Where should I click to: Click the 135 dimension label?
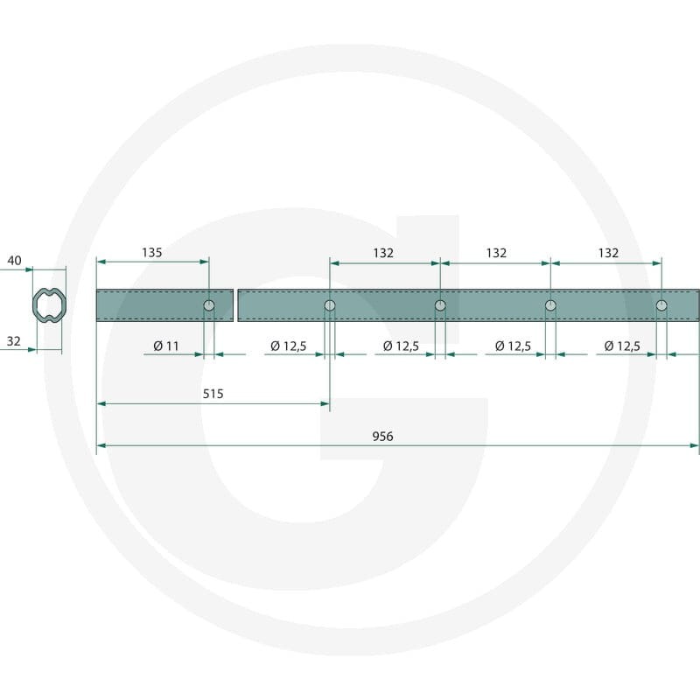(151, 253)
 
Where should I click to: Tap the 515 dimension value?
(213, 394)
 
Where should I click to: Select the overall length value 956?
(382, 436)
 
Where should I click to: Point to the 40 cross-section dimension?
(14, 260)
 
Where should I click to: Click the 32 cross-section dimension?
(13, 341)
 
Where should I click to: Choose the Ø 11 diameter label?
(166, 346)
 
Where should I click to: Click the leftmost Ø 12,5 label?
(289, 346)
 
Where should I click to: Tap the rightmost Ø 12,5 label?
(622, 346)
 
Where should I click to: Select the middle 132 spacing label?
(496, 253)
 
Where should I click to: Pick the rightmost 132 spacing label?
(608, 253)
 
